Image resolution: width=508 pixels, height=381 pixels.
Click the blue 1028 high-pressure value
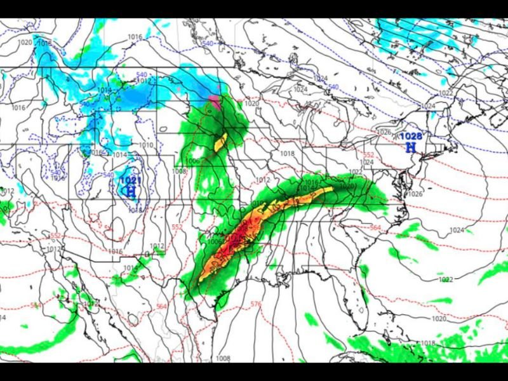tap(411, 137)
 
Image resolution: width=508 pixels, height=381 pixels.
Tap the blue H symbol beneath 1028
tap(411, 147)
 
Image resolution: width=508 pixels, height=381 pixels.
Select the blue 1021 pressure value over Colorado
tap(130, 180)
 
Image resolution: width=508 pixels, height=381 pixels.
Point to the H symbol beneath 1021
tap(131, 190)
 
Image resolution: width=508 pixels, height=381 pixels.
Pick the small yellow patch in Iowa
tap(221, 142)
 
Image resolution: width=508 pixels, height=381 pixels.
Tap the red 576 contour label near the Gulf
tap(255, 304)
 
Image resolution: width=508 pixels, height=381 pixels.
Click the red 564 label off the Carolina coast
tap(375, 228)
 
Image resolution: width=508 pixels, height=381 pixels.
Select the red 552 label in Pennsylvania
tap(368, 154)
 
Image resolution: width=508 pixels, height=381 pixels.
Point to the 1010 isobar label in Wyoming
tap(146, 145)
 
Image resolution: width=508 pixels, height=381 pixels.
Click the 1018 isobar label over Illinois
tap(287, 154)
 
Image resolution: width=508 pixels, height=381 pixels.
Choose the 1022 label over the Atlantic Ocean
tap(445, 279)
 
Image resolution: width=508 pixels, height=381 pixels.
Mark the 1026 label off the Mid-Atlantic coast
tap(416, 194)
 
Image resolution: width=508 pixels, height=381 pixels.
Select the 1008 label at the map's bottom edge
tap(222, 359)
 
